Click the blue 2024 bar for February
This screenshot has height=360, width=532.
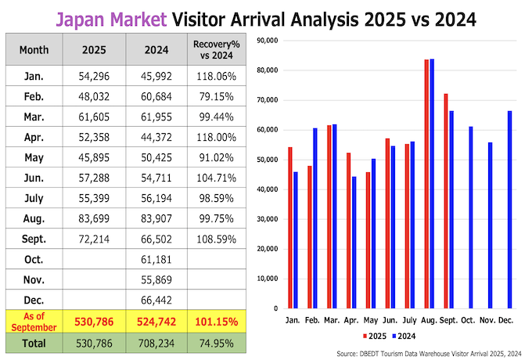click(315, 218)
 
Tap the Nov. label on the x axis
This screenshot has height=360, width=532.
click(488, 321)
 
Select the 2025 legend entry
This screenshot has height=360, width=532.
click(373, 337)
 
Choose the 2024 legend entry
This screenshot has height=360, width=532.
click(402, 337)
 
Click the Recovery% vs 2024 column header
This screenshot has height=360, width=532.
click(214, 49)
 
